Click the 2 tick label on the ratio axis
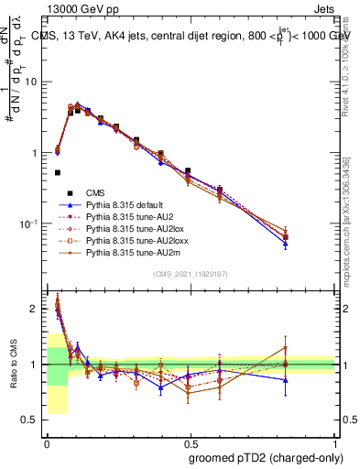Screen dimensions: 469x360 pyautogui.click(x=34, y=309)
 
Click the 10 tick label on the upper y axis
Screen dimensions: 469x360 pyautogui.click(x=30, y=82)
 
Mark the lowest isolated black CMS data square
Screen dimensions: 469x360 pyautogui.click(x=57, y=172)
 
